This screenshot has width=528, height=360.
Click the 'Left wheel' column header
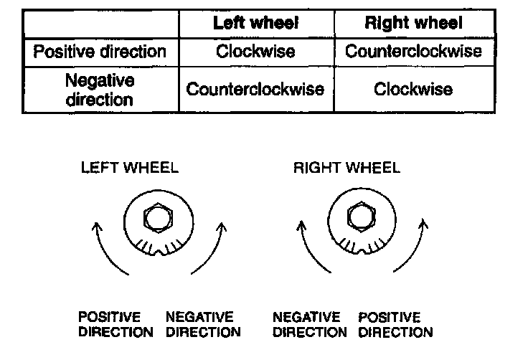coord(255,22)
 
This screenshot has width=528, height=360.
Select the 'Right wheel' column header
coord(413,22)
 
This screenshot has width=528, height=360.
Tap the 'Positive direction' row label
coord(100,52)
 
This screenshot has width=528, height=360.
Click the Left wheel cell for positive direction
coord(255,52)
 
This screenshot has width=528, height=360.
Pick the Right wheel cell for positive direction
coord(413,52)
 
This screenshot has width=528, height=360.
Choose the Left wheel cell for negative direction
coord(255,90)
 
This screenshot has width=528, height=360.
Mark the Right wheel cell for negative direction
coord(413,90)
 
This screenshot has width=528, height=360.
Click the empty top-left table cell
coord(100,22)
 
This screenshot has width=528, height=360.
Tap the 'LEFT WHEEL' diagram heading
coord(130,169)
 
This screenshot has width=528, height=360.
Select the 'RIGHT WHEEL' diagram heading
coord(346,169)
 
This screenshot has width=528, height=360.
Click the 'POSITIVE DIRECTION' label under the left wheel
coord(115,325)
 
